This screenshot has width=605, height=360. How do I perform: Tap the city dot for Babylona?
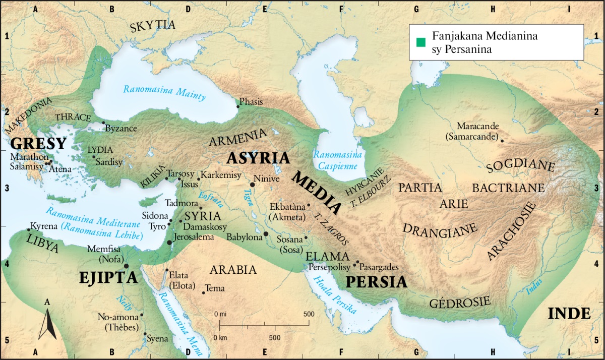(x=266, y=234)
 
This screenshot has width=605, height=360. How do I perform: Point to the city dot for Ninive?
(x=252, y=185)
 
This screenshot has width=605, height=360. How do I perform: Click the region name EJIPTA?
(x=108, y=277)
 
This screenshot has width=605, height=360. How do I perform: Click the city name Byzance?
(x=121, y=129)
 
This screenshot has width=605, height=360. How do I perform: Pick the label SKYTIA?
(x=152, y=26)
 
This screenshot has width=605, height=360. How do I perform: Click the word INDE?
(x=569, y=313)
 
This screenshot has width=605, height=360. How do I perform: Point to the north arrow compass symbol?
(x=47, y=323)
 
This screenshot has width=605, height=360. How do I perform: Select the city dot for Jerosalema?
(x=169, y=243)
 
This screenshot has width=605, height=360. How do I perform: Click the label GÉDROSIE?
(x=460, y=303)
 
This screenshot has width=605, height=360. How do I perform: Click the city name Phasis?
(x=251, y=102)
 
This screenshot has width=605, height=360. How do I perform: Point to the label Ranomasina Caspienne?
(x=335, y=160)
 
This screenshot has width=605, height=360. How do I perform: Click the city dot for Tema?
(x=204, y=292)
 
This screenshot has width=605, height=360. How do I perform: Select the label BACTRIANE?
(x=508, y=188)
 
